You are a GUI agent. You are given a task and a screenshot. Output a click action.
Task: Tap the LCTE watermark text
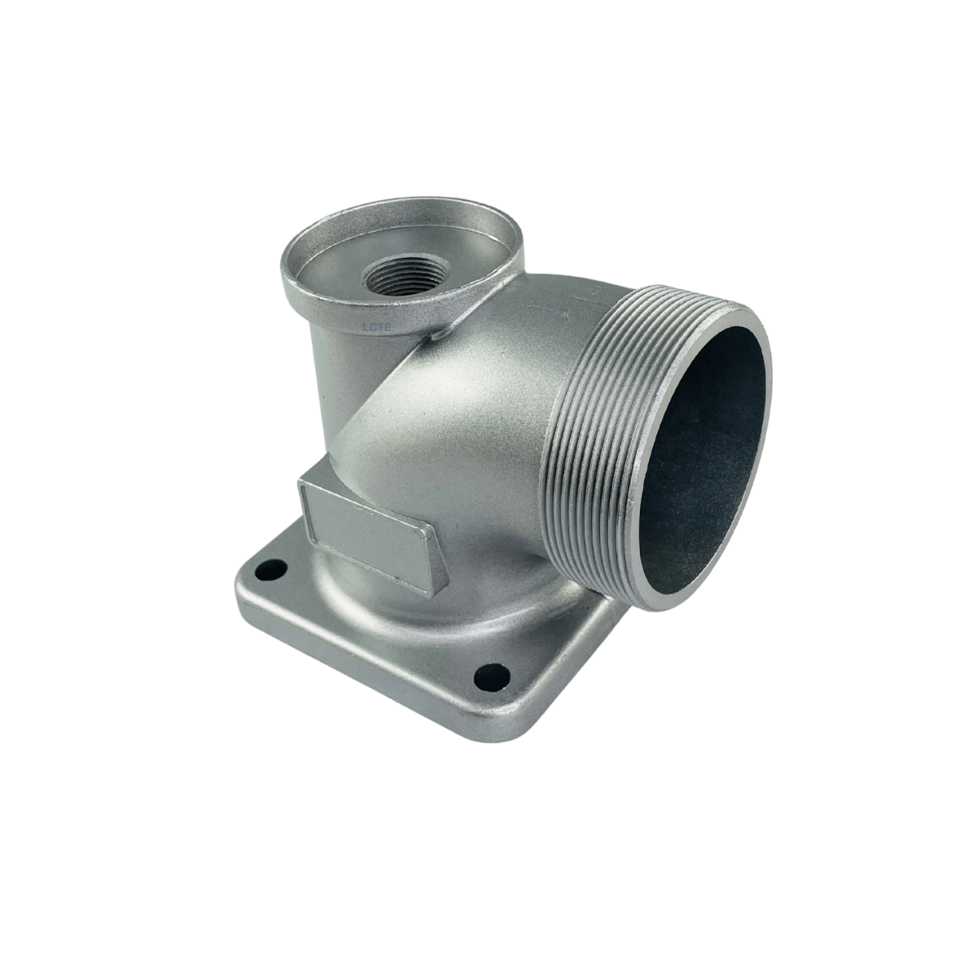pyautogui.click(x=377, y=327)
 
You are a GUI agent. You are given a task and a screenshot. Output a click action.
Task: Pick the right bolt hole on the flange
pyautogui.click(x=492, y=676)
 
